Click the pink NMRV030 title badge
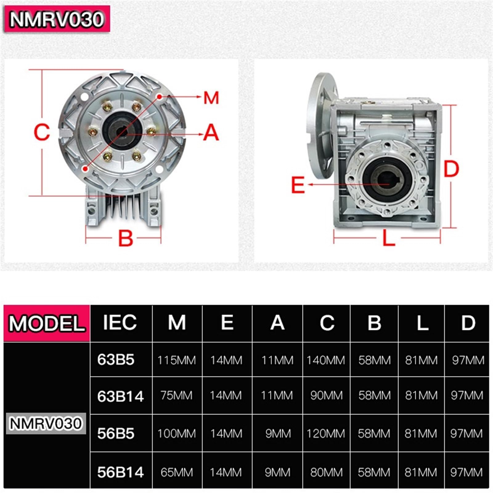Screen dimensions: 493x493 (x=57, y=19)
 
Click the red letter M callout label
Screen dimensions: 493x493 (x=211, y=98)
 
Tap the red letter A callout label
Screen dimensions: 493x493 (x=211, y=133)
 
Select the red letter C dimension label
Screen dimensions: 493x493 (x=42, y=132)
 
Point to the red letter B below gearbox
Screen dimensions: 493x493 (x=125, y=238)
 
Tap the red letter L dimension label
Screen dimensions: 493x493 (x=389, y=238)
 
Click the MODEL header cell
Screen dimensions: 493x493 (x=47, y=324)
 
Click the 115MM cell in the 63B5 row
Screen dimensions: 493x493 (x=177, y=360)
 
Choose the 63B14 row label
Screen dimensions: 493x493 (x=120, y=396)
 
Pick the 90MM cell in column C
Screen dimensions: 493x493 (x=326, y=395)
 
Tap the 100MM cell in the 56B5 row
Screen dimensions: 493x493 (x=177, y=434)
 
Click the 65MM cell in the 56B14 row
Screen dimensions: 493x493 (x=177, y=472)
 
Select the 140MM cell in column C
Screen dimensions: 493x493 (x=326, y=360)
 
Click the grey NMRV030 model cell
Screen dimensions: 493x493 (x=46, y=423)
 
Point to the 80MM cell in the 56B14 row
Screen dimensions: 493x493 (x=326, y=472)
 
